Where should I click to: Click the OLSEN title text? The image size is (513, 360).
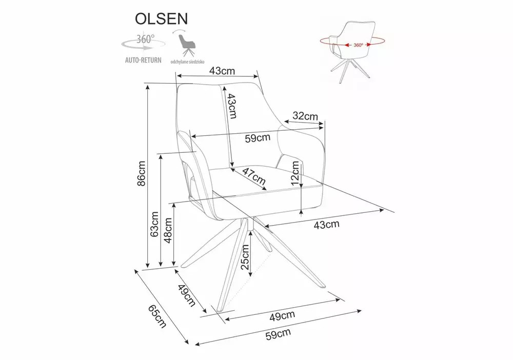(161, 18)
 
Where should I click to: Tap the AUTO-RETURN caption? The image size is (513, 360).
(143, 60)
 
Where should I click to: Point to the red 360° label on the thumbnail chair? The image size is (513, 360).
(358, 45)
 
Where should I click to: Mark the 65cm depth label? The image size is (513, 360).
(157, 316)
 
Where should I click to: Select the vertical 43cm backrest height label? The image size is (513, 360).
(232, 106)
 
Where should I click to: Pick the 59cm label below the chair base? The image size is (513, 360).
(278, 334)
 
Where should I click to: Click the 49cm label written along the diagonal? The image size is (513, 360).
(187, 296)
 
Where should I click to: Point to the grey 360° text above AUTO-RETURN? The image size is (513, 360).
(146, 39)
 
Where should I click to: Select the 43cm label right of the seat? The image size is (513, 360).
(326, 224)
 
